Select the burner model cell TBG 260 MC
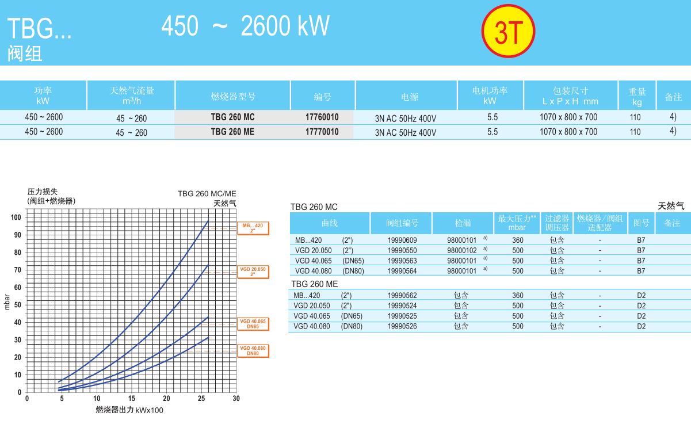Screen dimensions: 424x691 point(232,117)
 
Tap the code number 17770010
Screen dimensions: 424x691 point(322,132)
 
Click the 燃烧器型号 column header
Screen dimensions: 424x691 point(233,97)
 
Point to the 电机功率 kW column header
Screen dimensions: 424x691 point(490,96)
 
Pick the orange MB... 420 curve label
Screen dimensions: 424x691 point(253,228)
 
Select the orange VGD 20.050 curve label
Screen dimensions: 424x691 point(253,272)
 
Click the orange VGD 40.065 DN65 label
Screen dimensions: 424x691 point(253,324)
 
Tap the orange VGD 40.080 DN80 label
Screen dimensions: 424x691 point(253,350)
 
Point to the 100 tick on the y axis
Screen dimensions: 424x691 point(16,217)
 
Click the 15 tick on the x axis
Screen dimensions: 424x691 point(132,399)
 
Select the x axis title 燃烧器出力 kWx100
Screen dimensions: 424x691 point(129,410)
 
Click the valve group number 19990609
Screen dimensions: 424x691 point(402,240)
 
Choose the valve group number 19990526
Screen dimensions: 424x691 point(402,326)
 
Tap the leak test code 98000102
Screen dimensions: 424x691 point(462,251)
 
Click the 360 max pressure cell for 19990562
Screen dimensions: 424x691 point(518,296)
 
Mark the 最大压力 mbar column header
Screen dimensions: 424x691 point(517,223)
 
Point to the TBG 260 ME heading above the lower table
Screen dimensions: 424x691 point(314,284)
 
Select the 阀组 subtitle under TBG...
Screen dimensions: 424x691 point(25,54)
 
